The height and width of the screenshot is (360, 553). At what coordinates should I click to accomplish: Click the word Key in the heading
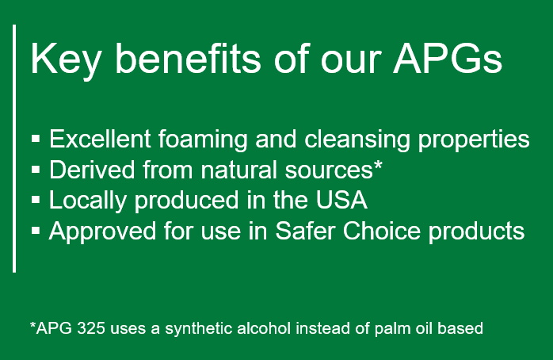click(x=67, y=59)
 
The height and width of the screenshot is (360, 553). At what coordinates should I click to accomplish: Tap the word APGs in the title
click(x=448, y=58)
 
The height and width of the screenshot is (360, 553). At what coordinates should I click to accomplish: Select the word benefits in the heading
click(x=188, y=58)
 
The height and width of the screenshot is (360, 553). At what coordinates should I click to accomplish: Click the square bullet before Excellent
click(x=36, y=138)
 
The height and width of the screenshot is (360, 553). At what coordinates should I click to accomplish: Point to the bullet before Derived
click(x=36, y=170)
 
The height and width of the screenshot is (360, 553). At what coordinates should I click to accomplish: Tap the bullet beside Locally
click(x=36, y=200)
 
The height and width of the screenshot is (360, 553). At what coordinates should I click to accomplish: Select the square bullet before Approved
click(x=36, y=231)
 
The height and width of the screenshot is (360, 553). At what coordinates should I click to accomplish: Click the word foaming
click(x=203, y=140)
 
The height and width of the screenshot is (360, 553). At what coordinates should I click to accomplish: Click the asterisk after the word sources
click(x=378, y=165)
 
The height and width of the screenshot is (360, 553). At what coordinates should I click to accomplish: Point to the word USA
click(x=341, y=200)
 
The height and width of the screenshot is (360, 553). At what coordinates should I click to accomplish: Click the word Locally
click(x=88, y=201)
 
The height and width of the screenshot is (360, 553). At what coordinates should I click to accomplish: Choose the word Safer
click(x=305, y=232)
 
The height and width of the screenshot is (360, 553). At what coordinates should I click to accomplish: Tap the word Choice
click(x=382, y=232)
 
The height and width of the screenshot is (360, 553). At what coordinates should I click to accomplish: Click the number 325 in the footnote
click(x=91, y=328)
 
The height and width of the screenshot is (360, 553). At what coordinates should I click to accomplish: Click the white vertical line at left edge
click(x=14, y=148)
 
